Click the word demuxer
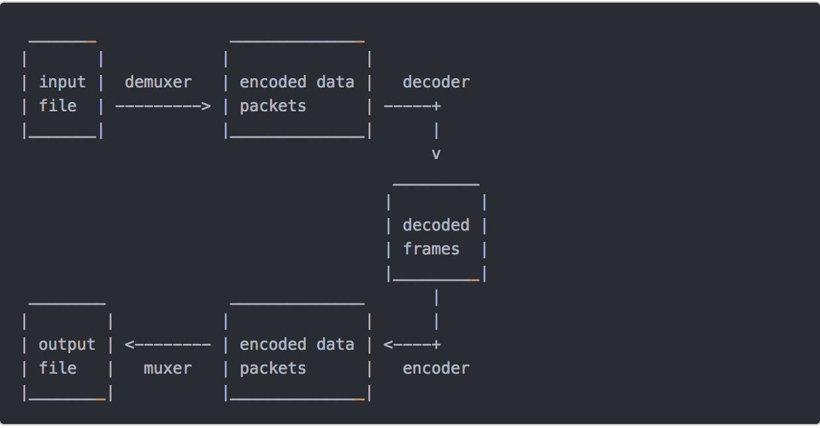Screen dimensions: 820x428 coord(158,82)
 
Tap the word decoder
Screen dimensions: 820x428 coord(436,82)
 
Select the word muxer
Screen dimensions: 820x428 coord(168,368)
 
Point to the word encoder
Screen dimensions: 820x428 coord(436,368)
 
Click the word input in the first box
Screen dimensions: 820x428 coord(62,83)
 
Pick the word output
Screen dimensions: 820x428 coord(67,345)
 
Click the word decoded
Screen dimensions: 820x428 coord(436,225)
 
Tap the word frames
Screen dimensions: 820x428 coord(431,248)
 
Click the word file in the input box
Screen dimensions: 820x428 coord(58,105)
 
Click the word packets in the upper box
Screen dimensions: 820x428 coord(273,107)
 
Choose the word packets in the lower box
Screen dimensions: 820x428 coord(273,368)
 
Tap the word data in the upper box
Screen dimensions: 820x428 coord(335,82)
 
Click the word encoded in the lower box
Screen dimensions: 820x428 coord(273,345)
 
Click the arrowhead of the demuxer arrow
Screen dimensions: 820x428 coord(206,107)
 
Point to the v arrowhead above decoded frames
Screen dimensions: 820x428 coord(436,154)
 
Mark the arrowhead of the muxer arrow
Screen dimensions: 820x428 coord(129,345)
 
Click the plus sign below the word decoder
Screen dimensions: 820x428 coord(436,107)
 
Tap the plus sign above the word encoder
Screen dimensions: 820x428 coord(436,345)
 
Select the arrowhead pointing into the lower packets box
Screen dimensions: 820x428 coord(388,345)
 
